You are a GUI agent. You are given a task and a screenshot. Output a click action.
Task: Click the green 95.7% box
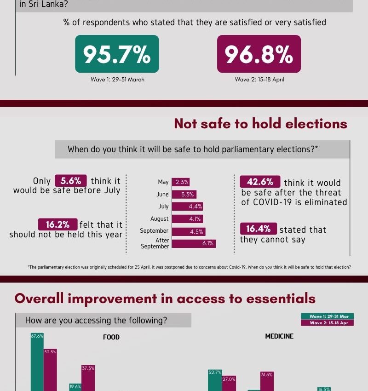tap(117, 54)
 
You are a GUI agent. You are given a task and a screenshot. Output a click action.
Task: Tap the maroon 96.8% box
tap(259, 54)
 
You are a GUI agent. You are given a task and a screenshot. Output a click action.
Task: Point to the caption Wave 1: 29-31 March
tap(117, 80)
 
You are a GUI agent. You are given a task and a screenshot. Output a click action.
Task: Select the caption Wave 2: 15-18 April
tap(259, 80)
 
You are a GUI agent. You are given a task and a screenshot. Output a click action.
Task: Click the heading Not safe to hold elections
tap(260, 124)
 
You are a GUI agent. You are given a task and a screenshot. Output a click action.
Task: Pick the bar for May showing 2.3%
tap(181, 182)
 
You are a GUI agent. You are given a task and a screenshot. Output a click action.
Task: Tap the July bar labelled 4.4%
tap(188, 207)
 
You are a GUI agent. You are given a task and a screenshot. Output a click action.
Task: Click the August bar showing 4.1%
tap(187, 219)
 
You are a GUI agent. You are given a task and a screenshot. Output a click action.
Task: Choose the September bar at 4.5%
tap(188, 231)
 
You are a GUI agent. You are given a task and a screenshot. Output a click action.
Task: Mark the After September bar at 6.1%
tap(194, 243)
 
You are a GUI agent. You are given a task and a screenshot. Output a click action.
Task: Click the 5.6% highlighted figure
tap(70, 181)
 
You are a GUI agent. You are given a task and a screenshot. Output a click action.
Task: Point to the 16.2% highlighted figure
tap(57, 224)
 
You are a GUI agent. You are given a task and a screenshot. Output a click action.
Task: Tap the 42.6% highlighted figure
tap(259, 182)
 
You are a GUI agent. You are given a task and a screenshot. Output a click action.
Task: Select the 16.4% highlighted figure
tap(258, 229)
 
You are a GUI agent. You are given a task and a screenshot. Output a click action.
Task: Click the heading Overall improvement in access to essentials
tap(165, 298)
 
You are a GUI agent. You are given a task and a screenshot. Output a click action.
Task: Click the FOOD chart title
tap(111, 337)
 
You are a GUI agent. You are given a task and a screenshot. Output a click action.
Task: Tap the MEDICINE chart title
tap(279, 336)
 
